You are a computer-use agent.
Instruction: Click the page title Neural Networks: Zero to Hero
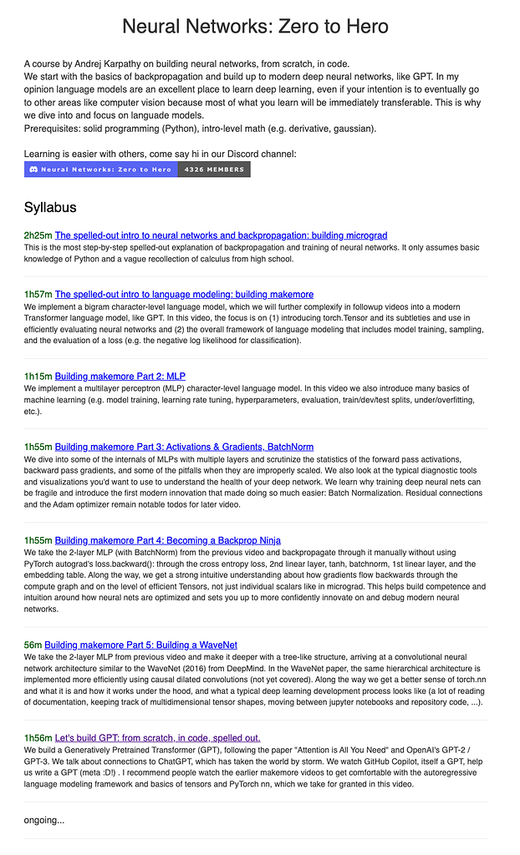pyautogui.click(x=255, y=26)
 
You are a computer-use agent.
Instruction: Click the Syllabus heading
pyautogui.click(x=50, y=206)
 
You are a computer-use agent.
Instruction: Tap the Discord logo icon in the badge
pyautogui.click(x=32, y=169)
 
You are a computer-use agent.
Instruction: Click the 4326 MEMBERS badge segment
pyautogui.click(x=213, y=169)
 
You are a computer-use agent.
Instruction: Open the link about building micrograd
pyautogui.click(x=221, y=235)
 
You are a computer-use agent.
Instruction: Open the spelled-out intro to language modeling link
pyautogui.click(x=184, y=294)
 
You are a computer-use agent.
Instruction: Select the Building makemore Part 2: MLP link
pyautogui.click(x=120, y=377)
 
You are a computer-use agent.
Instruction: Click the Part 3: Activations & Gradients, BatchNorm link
pyautogui.click(x=184, y=447)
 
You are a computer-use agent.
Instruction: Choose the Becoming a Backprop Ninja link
pyautogui.click(x=167, y=540)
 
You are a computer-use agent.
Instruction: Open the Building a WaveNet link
pyautogui.click(x=140, y=645)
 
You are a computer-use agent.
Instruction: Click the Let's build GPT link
pyautogui.click(x=157, y=737)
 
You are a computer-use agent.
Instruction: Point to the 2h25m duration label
pyautogui.click(x=38, y=235)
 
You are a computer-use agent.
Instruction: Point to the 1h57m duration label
pyautogui.click(x=38, y=294)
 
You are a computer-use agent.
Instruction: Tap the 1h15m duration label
pyautogui.click(x=38, y=377)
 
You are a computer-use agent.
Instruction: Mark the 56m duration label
pyautogui.click(x=33, y=645)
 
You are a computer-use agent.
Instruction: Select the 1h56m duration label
pyautogui.click(x=38, y=737)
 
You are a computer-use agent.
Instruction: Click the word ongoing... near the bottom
pyautogui.click(x=44, y=820)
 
